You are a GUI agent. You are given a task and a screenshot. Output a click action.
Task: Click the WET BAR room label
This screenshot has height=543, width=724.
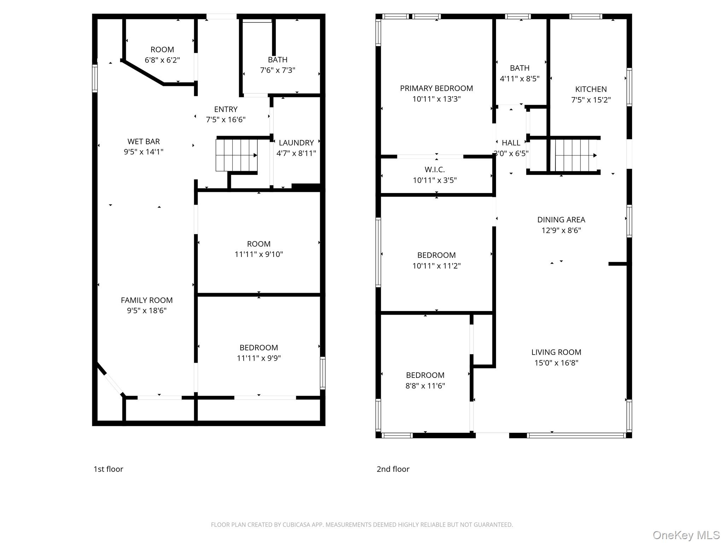(144, 141)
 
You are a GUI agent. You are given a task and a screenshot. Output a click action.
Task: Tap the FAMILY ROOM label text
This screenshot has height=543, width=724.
(147, 300)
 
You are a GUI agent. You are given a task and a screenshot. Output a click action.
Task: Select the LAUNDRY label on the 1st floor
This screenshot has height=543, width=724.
(296, 143)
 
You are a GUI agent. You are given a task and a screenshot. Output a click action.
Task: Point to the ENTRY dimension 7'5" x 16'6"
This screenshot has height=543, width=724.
(226, 119)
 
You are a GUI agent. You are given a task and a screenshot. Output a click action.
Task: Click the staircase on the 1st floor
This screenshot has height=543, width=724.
(237, 155)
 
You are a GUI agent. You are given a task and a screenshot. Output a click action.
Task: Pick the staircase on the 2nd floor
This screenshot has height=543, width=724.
(576, 155)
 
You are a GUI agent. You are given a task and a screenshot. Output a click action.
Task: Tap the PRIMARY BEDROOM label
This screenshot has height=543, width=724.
(437, 88)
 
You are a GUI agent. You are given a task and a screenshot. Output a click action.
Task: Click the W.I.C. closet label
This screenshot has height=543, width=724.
(435, 170)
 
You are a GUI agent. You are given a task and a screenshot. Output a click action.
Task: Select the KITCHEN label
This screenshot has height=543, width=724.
(591, 89)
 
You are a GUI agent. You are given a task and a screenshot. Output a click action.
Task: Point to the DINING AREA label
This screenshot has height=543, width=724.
(561, 220)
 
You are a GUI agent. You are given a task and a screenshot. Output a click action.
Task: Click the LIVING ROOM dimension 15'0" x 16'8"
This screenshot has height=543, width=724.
(556, 363)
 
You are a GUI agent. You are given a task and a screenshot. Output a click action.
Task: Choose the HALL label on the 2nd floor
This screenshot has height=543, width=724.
(511, 143)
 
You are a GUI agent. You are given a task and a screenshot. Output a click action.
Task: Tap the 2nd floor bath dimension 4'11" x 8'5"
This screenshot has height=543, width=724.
(520, 78)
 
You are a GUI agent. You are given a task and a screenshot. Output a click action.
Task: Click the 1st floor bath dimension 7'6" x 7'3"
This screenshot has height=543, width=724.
(278, 70)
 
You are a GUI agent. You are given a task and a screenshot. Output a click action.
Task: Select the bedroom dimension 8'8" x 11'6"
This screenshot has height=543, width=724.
(425, 386)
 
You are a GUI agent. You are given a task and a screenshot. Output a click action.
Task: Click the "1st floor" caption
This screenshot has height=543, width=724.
(108, 469)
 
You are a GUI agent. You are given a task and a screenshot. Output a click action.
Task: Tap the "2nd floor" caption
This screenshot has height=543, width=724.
(393, 469)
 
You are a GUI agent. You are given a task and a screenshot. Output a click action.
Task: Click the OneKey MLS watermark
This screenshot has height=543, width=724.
(686, 535)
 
